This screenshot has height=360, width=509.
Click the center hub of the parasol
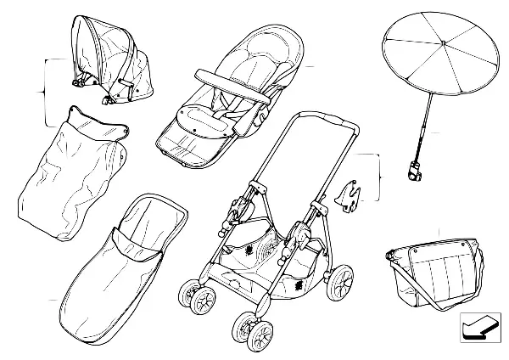coord(443,43)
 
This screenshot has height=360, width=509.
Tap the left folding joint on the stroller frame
coord(242,204)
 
